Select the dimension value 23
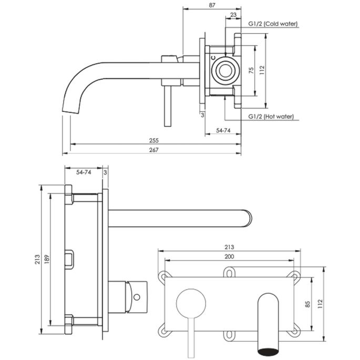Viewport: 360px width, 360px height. coord(233,15)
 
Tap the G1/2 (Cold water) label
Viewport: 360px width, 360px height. coord(273,24)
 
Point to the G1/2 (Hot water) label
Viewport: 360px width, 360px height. coord(271,117)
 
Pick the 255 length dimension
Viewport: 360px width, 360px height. coord(154,141)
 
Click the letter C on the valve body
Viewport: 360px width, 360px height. coord(213,57)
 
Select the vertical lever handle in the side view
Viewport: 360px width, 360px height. coord(167,108)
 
